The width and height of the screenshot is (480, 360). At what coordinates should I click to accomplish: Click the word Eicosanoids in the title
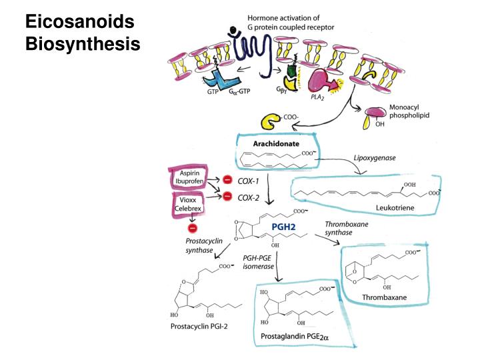point(79,22)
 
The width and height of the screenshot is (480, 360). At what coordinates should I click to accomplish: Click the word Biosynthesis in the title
point(83,44)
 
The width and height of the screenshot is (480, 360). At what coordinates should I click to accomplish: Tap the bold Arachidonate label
point(276,143)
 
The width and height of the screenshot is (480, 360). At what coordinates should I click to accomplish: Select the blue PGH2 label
point(283,227)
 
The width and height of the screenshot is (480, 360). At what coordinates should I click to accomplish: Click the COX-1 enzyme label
point(248,181)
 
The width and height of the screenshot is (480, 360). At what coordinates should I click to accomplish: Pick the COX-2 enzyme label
point(249,198)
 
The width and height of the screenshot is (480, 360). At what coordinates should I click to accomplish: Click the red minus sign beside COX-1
point(227,179)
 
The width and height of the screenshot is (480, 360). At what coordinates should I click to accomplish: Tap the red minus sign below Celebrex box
point(193,228)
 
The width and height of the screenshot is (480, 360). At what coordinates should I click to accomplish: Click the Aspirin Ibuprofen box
point(189,177)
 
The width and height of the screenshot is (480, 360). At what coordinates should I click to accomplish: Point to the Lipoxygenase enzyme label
point(375,158)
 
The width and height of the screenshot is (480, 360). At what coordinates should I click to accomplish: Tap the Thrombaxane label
point(384,297)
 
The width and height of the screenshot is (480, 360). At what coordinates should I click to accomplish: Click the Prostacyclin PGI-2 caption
point(199,326)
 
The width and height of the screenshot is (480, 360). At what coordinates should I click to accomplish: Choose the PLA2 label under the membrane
point(317,97)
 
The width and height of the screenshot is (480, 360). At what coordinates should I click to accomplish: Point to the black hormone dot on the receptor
point(233,30)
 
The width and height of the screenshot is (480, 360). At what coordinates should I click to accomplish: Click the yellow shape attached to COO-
point(270,121)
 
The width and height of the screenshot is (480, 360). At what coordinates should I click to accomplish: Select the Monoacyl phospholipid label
point(409,111)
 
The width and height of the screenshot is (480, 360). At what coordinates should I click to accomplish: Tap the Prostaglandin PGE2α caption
point(295,337)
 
